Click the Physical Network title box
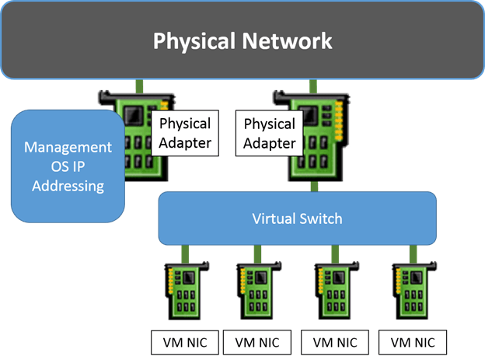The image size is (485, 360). click(x=242, y=40)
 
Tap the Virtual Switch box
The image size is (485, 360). click(x=297, y=218)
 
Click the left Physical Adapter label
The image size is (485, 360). click(x=185, y=133)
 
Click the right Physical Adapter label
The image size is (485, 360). click(x=270, y=134)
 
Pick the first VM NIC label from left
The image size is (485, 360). click(x=185, y=341)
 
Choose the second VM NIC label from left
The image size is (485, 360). click(x=257, y=341)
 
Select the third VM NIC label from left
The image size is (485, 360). click(x=335, y=341)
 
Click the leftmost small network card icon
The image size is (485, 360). click(x=185, y=290)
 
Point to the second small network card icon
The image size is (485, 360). click(x=256, y=290)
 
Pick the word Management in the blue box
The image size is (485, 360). click(x=68, y=147)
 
